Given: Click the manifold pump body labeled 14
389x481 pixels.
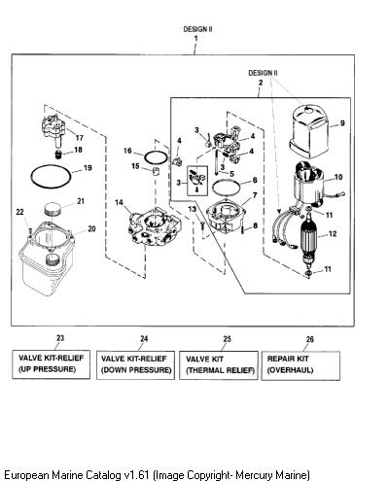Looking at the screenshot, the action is [154, 228].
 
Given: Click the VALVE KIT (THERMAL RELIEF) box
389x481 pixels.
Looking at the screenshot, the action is [219, 365].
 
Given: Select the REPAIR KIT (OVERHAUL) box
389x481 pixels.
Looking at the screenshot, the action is [301, 365].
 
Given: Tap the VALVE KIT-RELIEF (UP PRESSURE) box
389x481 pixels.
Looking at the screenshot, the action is [52, 364].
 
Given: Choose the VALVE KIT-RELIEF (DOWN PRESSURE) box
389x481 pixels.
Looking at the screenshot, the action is [135, 364].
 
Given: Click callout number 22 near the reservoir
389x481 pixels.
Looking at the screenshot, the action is [20, 212].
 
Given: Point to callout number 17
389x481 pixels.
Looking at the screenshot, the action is [80, 138].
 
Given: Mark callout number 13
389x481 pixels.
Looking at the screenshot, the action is [193, 209].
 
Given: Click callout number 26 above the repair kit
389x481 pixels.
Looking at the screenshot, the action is [310, 339].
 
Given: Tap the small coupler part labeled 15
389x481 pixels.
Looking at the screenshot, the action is [157, 171].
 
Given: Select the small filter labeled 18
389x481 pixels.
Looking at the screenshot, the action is [58, 155].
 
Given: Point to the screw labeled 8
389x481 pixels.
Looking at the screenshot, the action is [242, 229].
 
